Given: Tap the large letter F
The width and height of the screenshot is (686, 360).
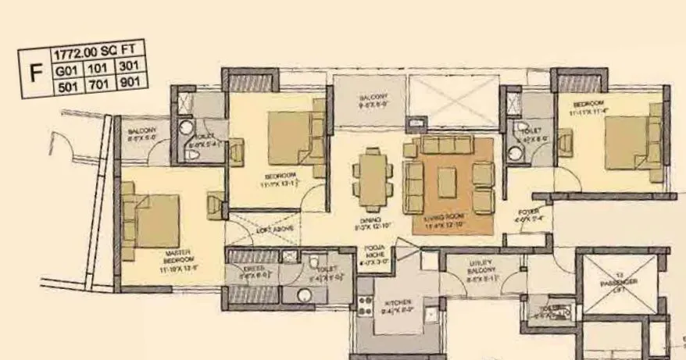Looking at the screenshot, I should coord(35,73).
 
